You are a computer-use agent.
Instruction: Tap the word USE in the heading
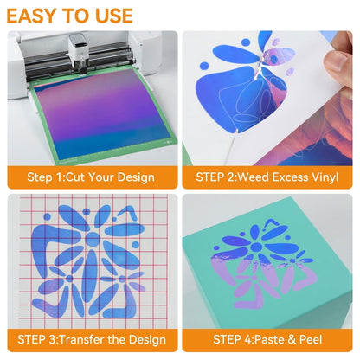(114, 16)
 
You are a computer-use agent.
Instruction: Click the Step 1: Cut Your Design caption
(91, 177)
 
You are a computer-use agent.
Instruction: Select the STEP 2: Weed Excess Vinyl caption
(267, 177)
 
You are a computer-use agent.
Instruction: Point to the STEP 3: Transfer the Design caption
(92, 339)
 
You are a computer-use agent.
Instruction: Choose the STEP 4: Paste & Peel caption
(267, 339)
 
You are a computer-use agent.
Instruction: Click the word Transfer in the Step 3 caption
(81, 339)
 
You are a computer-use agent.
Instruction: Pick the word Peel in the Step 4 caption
(311, 339)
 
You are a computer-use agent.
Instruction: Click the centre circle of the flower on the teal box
(256, 247)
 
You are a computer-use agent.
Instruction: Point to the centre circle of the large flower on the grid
(93, 239)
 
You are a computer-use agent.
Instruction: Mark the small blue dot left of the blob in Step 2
(204, 66)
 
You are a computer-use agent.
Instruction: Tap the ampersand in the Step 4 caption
(292, 339)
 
